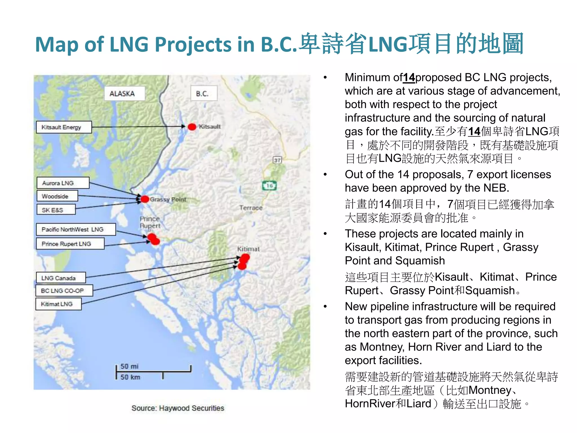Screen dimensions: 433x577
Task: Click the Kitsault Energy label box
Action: tap(64, 127)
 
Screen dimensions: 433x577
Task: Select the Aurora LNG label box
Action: tap(63, 183)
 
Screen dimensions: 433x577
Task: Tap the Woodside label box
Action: tap(57, 196)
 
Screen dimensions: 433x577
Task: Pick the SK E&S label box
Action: tap(56, 210)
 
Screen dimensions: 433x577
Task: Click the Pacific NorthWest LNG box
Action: tap(76, 229)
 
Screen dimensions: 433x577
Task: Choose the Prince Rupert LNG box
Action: tap(70, 244)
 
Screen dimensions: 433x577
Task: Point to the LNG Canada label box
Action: tap(61, 278)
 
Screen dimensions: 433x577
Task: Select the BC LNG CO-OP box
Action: tap(64, 291)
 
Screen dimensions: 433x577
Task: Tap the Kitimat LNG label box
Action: tap(58, 304)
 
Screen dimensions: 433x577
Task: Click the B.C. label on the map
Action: tap(204, 94)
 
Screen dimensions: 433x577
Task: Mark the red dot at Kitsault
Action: tap(192, 127)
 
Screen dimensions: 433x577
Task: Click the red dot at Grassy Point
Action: tap(145, 199)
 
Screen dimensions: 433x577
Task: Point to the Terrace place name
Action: tap(251, 208)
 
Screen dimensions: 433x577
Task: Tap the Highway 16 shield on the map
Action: tap(270, 185)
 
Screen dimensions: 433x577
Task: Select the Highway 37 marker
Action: tap(277, 160)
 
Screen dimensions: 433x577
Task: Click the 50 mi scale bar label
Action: tap(129, 366)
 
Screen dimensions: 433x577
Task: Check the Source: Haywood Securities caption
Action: tap(178, 408)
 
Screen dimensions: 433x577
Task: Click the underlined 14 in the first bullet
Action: tap(409, 78)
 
